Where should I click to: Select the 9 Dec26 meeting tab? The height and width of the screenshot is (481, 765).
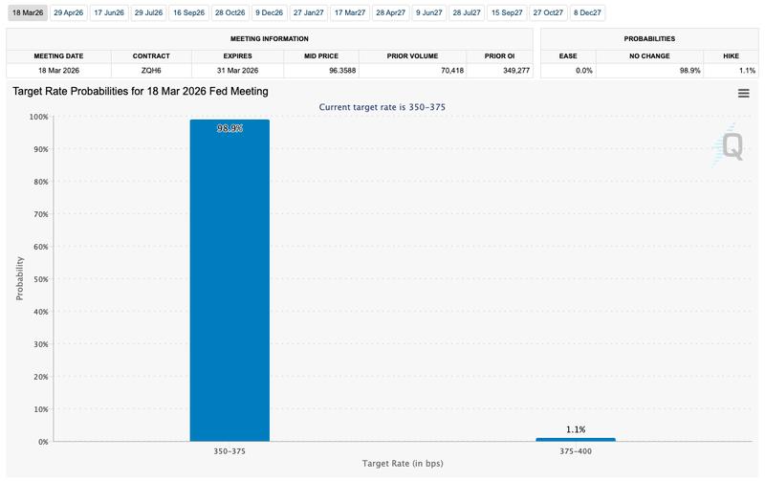[x=270, y=12]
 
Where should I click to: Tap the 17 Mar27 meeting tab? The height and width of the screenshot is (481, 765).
[x=349, y=12]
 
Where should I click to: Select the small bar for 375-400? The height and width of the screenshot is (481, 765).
[x=576, y=440]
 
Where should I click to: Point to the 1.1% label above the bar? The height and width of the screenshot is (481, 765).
[x=576, y=429]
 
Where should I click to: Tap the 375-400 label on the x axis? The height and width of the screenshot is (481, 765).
[x=576, y=449]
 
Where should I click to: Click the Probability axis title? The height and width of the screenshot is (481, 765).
[x=20, y=278]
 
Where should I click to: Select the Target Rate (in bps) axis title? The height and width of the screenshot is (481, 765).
[x=402, y=464]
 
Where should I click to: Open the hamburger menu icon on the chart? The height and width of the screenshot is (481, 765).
[x=743, y=93]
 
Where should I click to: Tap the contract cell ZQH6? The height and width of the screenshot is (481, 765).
[x=151, y=70]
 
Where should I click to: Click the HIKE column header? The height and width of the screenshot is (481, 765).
[x=732, y=55]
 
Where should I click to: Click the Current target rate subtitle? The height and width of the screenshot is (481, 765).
[x=382, y=107]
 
